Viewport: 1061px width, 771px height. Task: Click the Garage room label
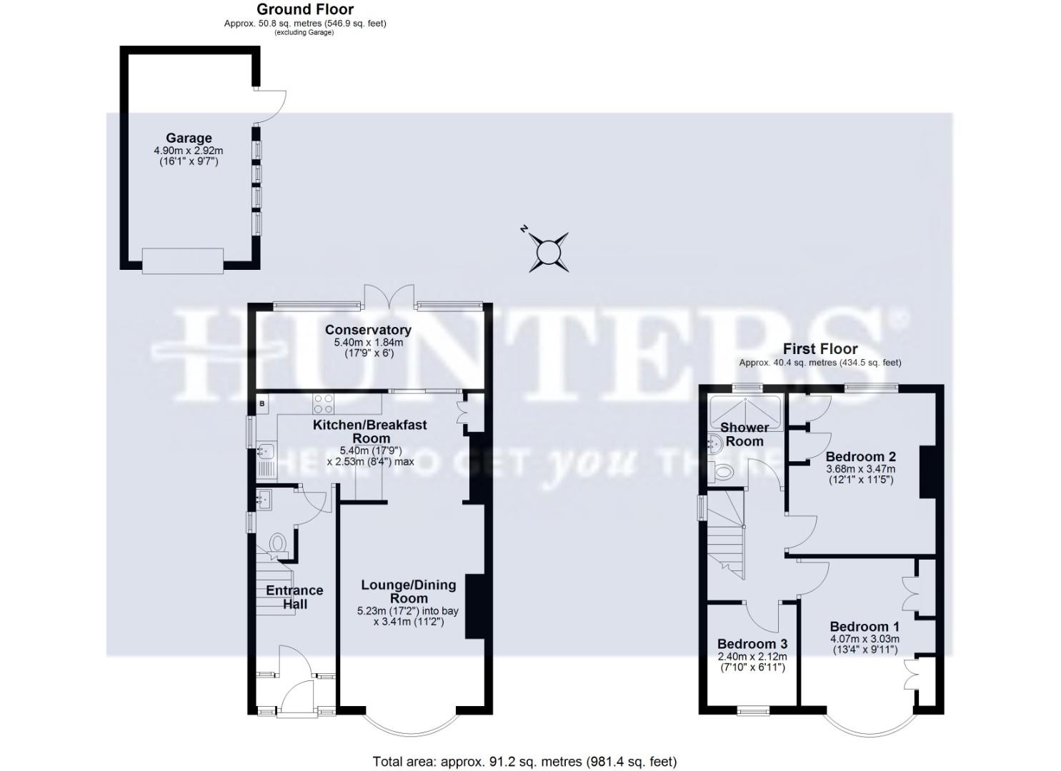click(x=189, y=138)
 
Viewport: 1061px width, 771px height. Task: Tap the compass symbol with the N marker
click(x=549, y=252)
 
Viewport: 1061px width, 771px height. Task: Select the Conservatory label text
click(x=368, y=330)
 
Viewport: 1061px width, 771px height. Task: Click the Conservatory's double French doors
click(x=389, y=296)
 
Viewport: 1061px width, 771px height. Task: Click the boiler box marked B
click(x=262, y=404)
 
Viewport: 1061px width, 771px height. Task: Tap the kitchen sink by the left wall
click(x=266, y=451)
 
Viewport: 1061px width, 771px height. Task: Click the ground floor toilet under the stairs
click(x=277, y=544)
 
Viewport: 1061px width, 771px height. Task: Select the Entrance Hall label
click(x=294, y=597)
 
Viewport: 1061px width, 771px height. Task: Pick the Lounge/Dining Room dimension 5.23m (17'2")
click(x=407, y=611)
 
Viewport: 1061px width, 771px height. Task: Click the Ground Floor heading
click(x=305, y=9)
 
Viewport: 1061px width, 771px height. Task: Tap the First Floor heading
click(x=820, y=349)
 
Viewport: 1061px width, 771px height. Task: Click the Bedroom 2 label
click(x=860, y=457)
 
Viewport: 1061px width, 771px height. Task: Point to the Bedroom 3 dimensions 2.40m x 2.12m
click(x=752, y=657)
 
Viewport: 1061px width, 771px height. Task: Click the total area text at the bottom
click(x=524, y=762)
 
